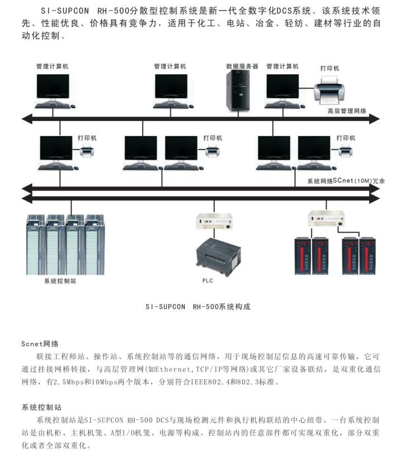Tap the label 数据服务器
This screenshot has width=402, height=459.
(x=242, y=66)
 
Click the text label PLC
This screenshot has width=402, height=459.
(x=208, y=281)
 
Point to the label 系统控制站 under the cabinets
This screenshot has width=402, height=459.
(x=60, y=281)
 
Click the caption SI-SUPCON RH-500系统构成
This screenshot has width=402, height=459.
(x=202, y=306)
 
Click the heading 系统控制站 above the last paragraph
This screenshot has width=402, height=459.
(x=41, y=408)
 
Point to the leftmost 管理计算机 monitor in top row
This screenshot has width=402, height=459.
(x=53, y=88)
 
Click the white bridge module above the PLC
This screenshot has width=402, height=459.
(x=214, y=221)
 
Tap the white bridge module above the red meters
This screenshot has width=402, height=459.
(x=329, y=218)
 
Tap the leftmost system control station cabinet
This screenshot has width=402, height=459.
(x=36, y=243)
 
